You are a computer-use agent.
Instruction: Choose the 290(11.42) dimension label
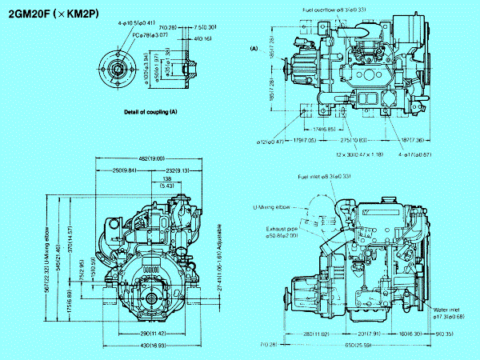(151, 331)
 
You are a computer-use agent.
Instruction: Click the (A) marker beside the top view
(254, 49)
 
